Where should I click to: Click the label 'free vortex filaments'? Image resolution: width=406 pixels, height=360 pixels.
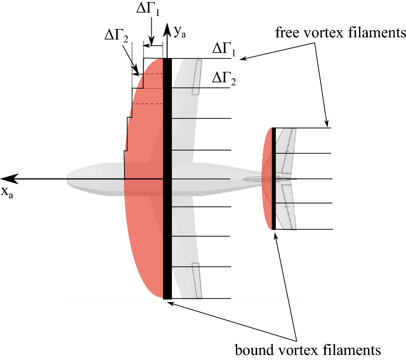pos(340,33)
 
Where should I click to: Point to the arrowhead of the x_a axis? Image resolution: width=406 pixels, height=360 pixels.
pos(9,179)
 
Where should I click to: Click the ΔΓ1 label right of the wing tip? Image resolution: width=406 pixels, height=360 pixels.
pos(224,50)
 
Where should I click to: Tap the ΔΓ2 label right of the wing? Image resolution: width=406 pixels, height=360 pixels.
pos(224,79)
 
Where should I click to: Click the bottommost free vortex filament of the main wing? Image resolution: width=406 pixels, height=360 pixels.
pos(201,299)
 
